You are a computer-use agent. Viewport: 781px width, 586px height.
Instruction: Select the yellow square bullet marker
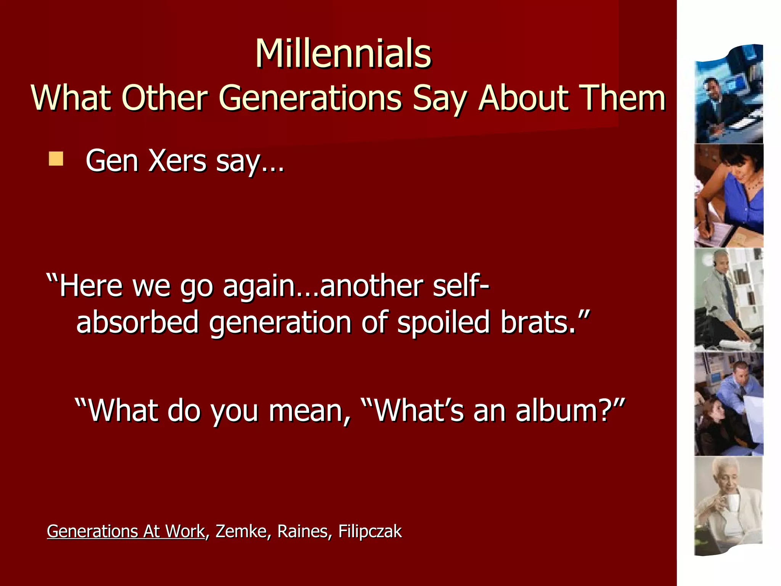click(x=56, y=159)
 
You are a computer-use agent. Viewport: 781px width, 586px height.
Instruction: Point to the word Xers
click(x=177, y=161)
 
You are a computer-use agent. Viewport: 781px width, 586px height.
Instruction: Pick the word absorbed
click(x=138, y=322)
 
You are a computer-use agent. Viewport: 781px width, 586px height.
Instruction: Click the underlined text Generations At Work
click(x=126, y=531)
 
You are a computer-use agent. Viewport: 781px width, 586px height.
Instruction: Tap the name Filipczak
click(x=370, y=531)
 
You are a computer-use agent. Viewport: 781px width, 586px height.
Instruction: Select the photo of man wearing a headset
click(x=729, y=299)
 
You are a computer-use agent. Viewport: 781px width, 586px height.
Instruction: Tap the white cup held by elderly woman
click(x=732, y=503)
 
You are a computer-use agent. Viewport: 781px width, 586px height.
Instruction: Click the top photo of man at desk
click(x=729, y=95)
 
